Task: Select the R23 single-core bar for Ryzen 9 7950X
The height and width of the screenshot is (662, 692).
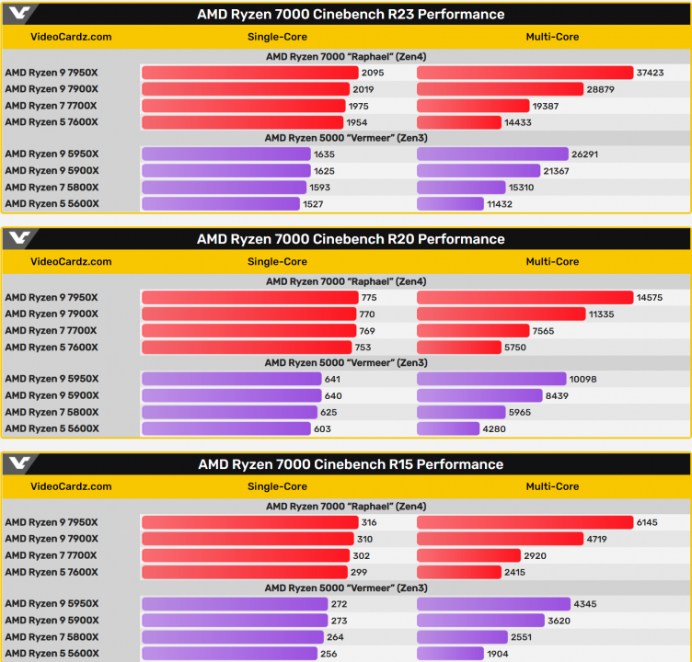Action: click(x=249, y=73)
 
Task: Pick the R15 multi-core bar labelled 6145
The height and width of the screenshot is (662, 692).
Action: click(x=525, y=522)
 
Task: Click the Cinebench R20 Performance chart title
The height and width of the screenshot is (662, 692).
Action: click(x=351, y=239)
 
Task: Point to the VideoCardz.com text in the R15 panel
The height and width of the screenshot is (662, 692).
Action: click(x=71, y=486)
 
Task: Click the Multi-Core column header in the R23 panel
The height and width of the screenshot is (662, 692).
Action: click(x=552, y=37)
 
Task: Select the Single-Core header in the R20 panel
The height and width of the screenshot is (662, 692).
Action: click(x=277, y=261)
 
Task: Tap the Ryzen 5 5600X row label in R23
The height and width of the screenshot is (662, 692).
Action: click(x=52, y=203)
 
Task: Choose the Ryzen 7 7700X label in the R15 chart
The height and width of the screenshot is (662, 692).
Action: click(x=51, y=555)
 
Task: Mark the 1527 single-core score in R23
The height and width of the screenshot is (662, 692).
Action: click(x=317, y=203)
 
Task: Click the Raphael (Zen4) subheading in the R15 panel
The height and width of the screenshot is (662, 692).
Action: click(x=346, y=506)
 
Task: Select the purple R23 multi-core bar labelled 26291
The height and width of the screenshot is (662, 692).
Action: click(x=492, y=154)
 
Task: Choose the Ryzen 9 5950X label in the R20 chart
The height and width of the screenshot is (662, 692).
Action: click(x=52, y=379)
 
